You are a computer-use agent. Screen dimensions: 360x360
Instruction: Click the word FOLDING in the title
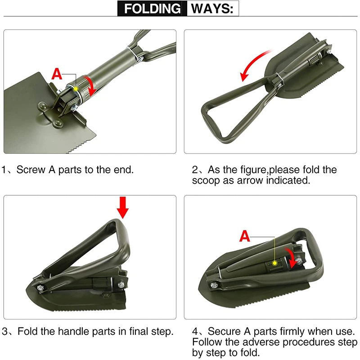point(153,9)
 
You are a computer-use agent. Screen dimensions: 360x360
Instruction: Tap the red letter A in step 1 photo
point(57,74)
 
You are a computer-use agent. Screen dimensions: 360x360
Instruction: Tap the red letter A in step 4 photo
point(245,235)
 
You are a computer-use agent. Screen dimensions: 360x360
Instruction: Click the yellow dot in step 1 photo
point(77,89)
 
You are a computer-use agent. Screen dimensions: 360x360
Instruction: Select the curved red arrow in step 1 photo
point(91,85)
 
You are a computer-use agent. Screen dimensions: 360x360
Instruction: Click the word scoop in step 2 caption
point(205,181)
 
